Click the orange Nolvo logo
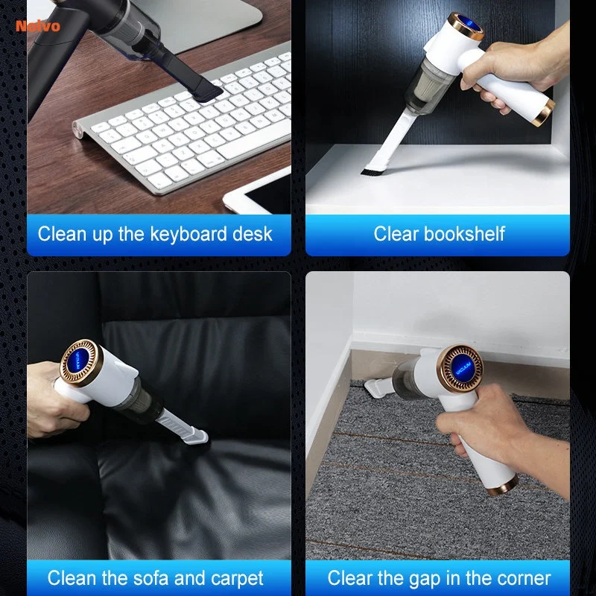38,26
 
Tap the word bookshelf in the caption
464,233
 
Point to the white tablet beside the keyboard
259,193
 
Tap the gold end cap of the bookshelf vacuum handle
544,113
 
